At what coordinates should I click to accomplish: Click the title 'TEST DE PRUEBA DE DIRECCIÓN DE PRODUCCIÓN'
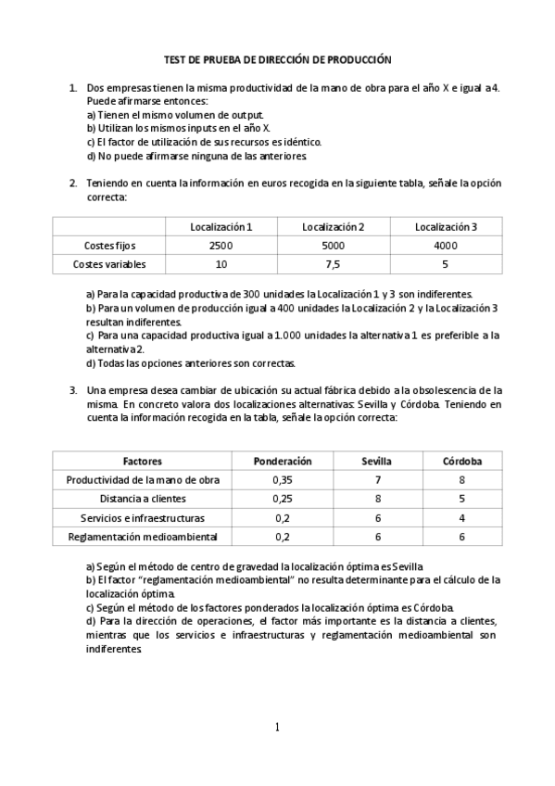point(278,58)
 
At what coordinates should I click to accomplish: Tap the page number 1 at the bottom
point(277,727)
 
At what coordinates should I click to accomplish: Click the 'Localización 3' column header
point(446,227)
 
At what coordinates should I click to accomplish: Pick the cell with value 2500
point(221,246)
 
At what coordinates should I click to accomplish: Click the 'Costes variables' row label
point(108,264)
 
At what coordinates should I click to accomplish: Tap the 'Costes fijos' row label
point(108,246)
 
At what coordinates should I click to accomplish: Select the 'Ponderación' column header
point(283,461)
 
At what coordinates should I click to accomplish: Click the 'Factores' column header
point(143,461)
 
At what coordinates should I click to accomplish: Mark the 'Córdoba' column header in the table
point(460,461)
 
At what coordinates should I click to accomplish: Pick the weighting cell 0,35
point(283,479)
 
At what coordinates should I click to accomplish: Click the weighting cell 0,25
point(283,499)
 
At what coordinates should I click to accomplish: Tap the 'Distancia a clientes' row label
point(143,499)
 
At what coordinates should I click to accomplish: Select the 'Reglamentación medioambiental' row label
point(143,536)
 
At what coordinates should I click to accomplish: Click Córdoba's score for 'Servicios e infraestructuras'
point(460,517)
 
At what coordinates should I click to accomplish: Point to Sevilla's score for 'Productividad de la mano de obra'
point(377,479)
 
